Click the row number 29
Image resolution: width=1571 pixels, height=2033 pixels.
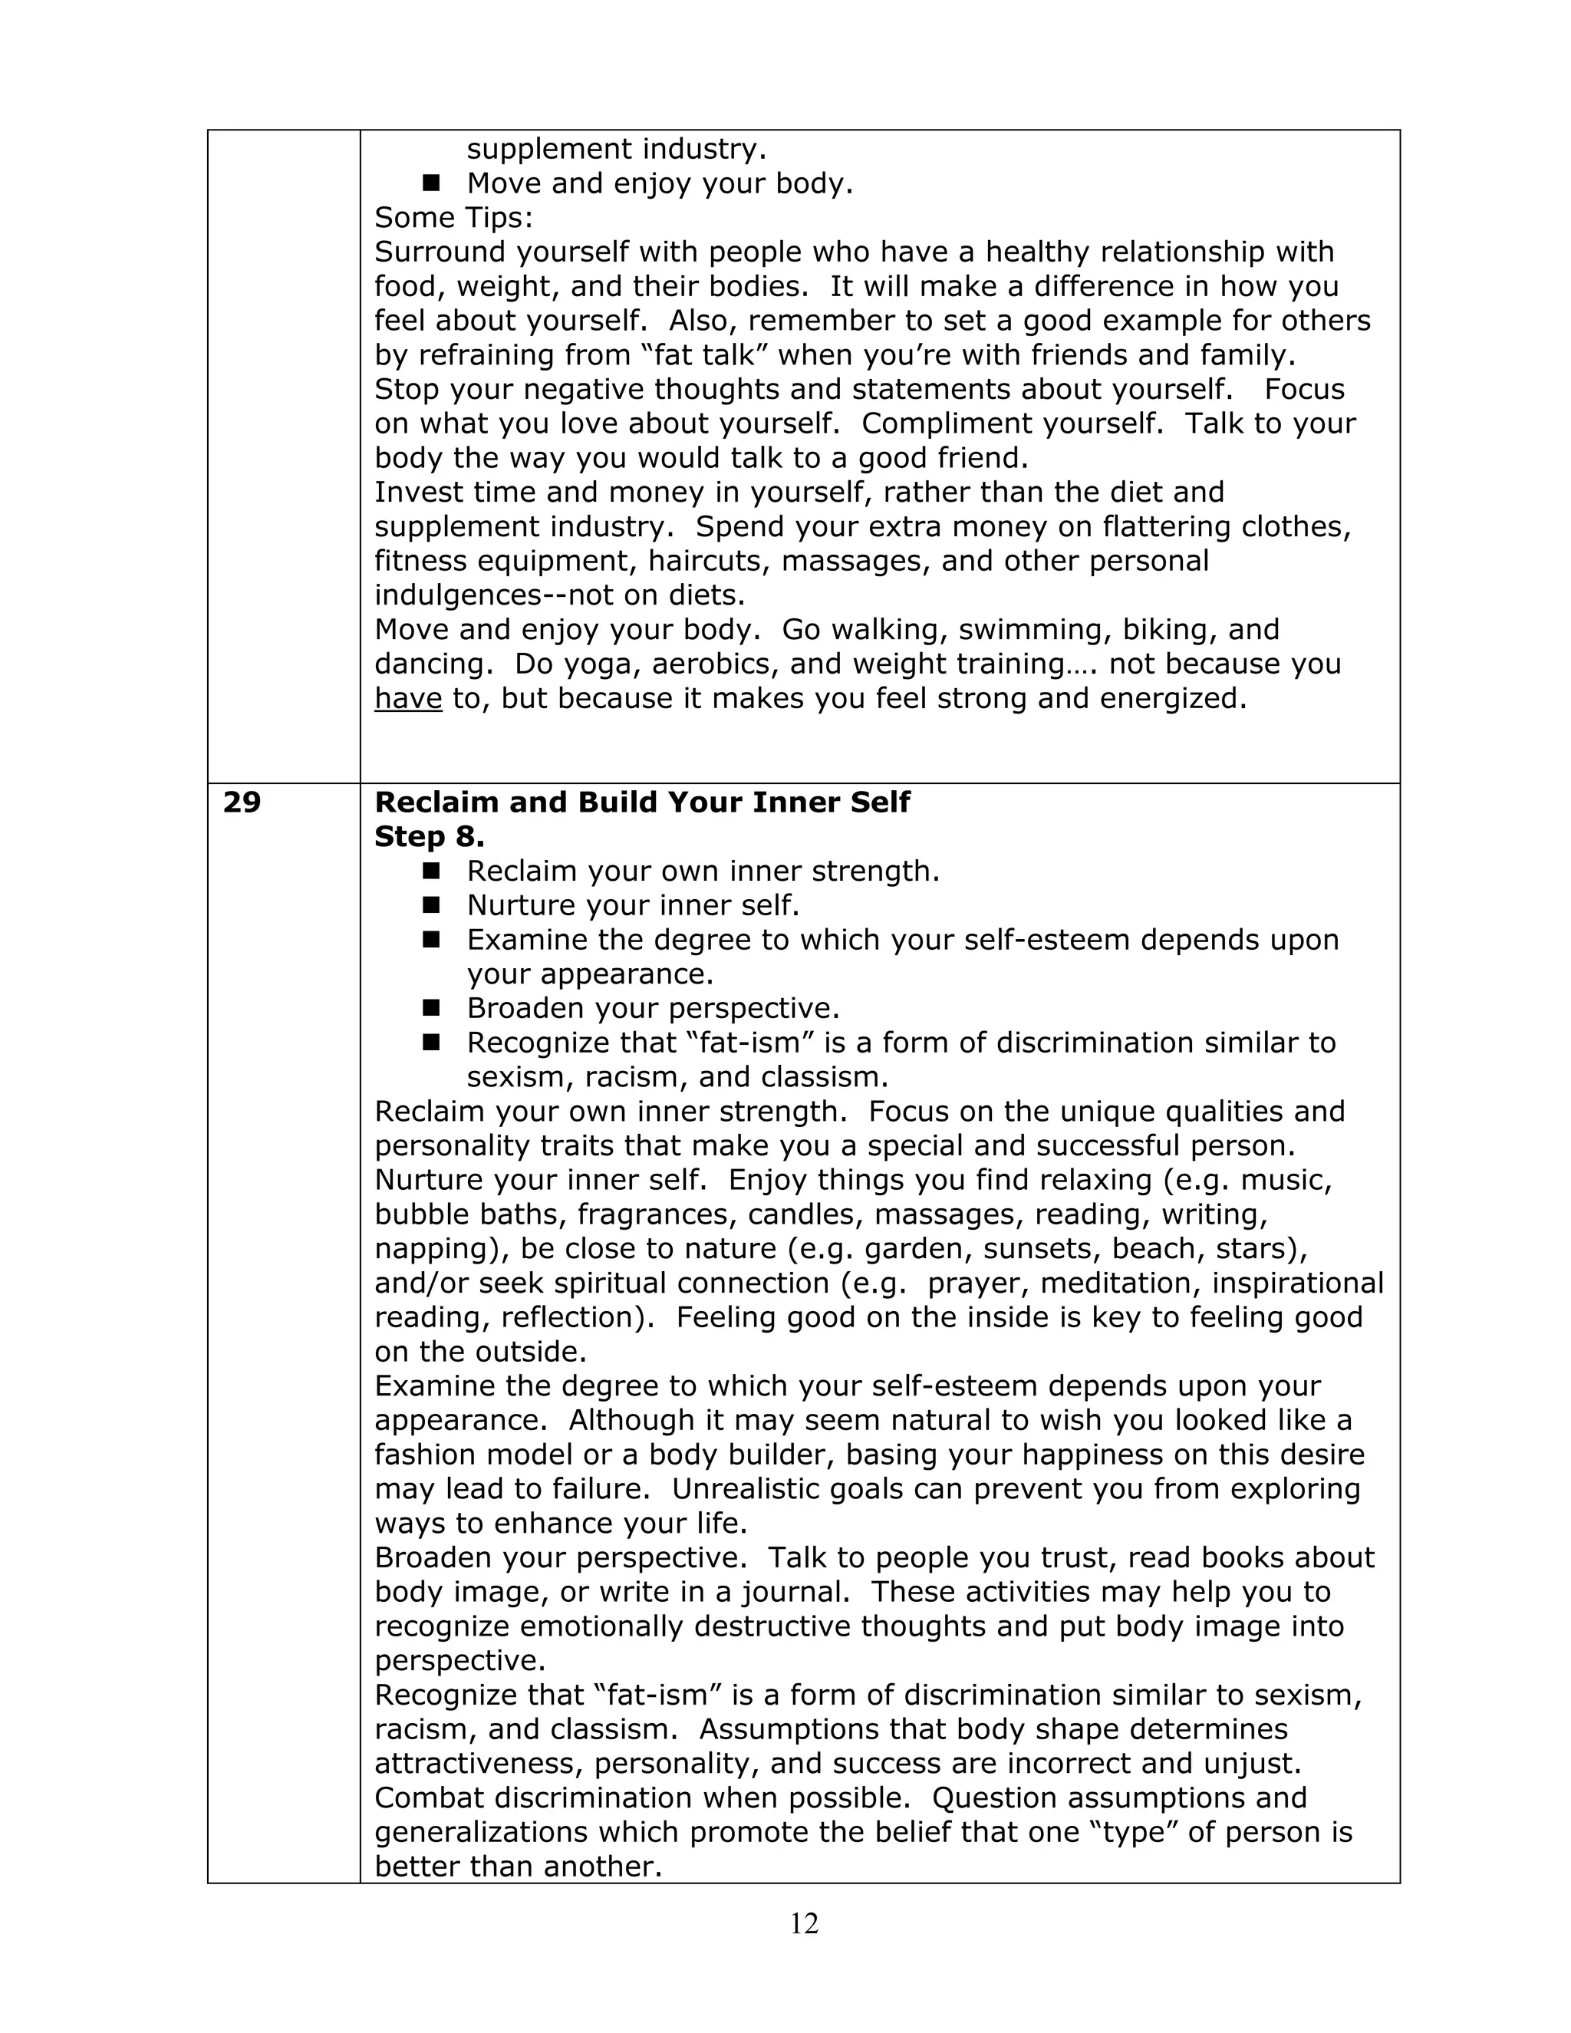point(242,802)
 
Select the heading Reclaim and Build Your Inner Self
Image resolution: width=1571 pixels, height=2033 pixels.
point(642,802)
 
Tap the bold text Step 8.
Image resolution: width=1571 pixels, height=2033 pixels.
point(429,837)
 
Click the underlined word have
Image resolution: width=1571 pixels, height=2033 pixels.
point(407,698)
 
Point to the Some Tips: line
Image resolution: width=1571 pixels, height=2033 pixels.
point(453,218)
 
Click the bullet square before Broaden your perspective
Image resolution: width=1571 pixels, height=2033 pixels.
point(430,1007)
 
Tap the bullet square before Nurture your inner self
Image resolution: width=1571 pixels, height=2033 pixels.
point(430,904)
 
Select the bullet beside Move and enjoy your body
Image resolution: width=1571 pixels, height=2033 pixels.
point(430,183)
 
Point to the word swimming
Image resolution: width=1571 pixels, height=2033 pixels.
point(1029,629)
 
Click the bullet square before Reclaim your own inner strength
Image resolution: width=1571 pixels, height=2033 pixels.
point(430,871)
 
